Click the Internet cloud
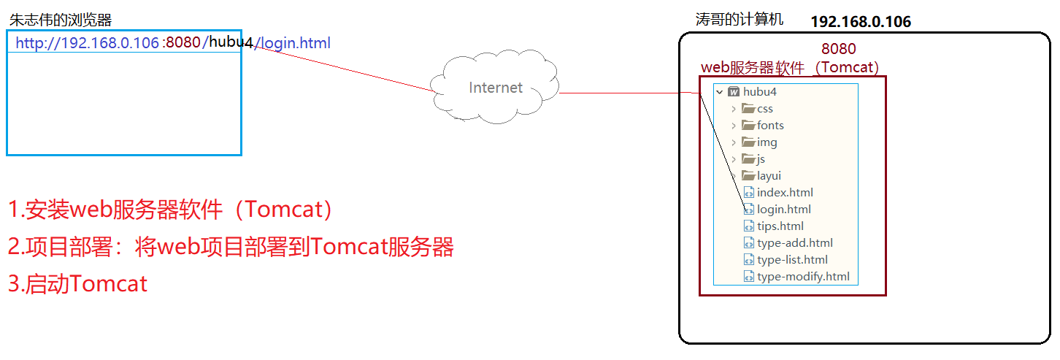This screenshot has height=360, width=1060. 495,88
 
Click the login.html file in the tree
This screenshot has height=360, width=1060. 783,210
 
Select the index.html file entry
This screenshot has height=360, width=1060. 785,193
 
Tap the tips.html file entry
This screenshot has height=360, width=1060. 780,226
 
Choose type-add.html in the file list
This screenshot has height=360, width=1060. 794,243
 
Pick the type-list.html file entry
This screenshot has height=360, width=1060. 792,260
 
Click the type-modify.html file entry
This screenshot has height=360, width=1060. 803,277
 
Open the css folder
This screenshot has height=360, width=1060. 764,109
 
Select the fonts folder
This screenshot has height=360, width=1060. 769,126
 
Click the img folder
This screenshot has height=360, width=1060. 767,142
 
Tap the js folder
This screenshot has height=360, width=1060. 761,159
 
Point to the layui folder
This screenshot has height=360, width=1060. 769,176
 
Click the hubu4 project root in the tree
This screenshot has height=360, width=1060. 760,92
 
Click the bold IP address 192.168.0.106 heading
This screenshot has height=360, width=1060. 861,22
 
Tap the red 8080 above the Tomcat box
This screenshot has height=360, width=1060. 838,49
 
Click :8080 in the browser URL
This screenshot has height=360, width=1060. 182,43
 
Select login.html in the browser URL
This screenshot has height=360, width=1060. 296,43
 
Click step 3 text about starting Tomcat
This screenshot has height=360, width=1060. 78,283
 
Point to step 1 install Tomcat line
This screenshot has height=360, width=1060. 172,210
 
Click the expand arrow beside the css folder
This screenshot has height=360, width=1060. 734,109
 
